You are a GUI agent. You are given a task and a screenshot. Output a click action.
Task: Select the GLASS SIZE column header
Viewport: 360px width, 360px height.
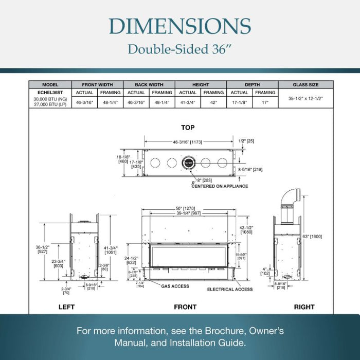pos(305,85)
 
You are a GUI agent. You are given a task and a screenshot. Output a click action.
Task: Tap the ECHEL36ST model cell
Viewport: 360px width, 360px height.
pos(50,92)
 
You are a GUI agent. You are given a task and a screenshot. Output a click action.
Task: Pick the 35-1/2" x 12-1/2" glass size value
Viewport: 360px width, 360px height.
pos(305,98)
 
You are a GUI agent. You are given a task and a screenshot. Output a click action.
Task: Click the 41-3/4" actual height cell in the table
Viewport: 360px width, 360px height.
pos(188,102)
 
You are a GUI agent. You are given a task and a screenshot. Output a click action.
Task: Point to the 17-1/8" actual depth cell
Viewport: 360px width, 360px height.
pos(240,102)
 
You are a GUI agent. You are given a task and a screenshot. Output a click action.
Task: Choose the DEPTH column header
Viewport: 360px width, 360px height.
pos(252,85)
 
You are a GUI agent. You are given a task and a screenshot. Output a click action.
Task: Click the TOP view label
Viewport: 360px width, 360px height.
pos(188,128)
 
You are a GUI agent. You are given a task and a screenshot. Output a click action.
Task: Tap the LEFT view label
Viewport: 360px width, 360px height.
pos(66,307)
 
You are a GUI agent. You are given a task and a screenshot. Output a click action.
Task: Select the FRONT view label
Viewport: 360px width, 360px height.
pos(185,307)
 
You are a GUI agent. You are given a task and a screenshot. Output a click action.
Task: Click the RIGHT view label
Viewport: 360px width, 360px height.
pos(304,307)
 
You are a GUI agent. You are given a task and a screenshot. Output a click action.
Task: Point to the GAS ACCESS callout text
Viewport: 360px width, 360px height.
pos(175,286)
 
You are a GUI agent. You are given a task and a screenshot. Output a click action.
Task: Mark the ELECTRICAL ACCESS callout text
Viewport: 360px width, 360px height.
pos(230,290)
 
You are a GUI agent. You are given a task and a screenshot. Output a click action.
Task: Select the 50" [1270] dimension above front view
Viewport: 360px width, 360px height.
pos(186,208)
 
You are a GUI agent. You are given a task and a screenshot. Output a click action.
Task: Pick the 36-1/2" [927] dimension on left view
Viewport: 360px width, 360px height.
pos(42,249)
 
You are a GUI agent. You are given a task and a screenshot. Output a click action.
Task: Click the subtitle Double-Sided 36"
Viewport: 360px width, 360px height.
pos(180,50)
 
